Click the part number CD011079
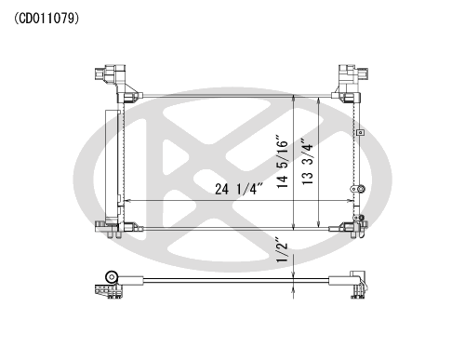point(46,19)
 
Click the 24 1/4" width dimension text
point(239,189)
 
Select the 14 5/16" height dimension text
point(283,161)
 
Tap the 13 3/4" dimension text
point(308,161)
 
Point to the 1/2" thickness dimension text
point(282,250)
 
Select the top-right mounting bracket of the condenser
point(350,82)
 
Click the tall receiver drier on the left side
point(113,167)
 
